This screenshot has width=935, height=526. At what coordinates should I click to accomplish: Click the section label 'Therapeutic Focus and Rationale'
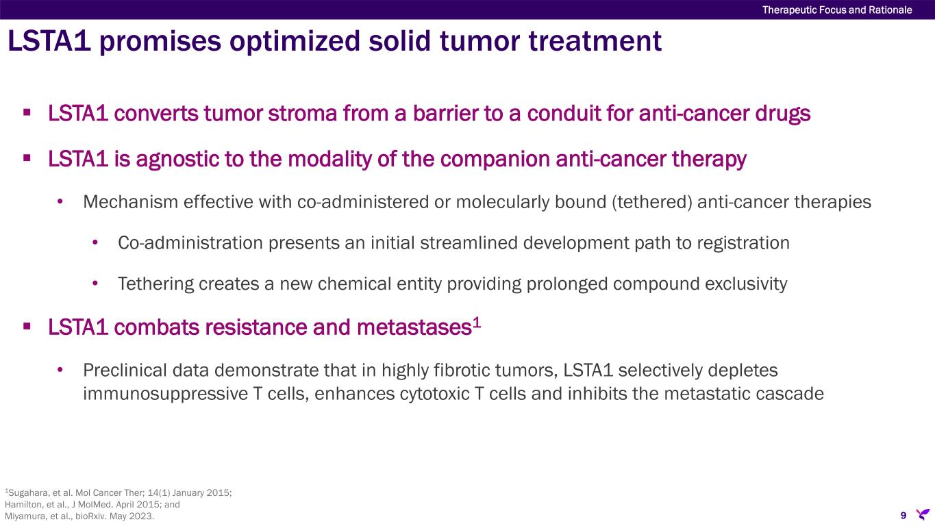(x=837, y=10)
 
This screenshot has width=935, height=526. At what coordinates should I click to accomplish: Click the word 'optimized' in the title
(x=295, y=41)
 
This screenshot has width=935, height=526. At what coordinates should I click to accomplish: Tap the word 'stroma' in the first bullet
(x=302, y=113)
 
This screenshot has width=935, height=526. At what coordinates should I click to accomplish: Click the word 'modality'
(x=329, y=159)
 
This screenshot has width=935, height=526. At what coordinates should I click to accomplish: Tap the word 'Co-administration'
(x=190, y=243)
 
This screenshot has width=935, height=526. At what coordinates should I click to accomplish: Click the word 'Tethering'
(x=155, y=284)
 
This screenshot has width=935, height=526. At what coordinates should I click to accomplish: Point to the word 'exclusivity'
(x=746, y=284)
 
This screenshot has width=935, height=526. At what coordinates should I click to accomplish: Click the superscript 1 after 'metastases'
(x=477, y=323)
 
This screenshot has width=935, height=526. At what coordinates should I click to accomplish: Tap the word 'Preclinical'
(x=125, y=371)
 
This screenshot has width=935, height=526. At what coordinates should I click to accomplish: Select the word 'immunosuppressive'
(x=165, y=394)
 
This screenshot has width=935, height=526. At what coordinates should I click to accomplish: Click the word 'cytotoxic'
(x=434, y=394)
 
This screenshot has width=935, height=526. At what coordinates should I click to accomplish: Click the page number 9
(x=903, y=515)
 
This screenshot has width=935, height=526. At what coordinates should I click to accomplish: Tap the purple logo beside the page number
(x=923, y=514)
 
